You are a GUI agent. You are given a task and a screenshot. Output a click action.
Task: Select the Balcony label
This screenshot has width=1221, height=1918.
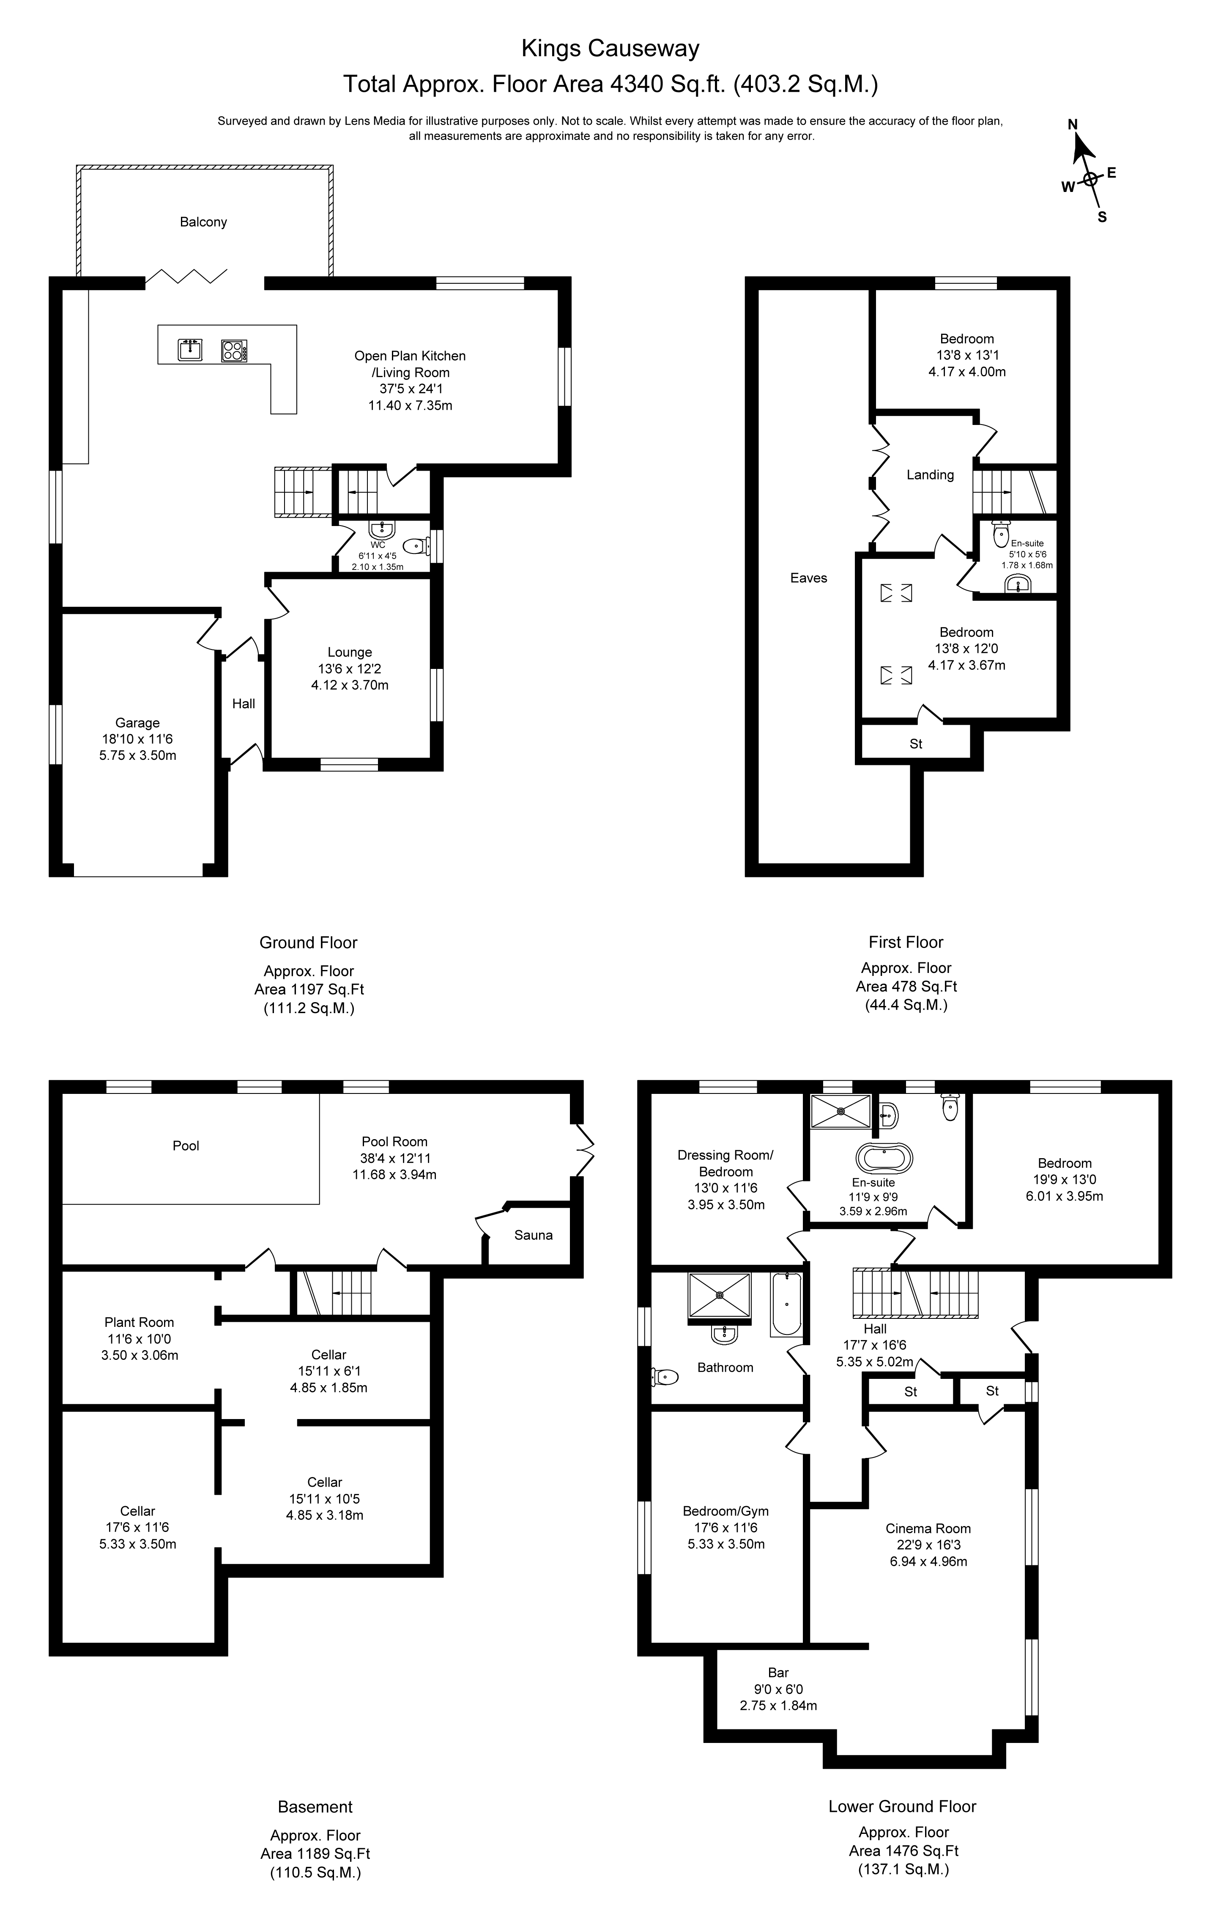[203, 222]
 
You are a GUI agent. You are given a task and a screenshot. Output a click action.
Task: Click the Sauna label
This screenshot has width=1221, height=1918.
[533, 1236]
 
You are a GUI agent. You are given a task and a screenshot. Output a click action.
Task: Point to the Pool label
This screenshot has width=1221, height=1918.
[186, 1145]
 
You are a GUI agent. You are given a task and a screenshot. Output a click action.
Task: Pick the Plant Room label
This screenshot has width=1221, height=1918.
[139, 1322]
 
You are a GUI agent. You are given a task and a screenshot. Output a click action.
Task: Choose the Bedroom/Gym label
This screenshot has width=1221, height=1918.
[725, 1511]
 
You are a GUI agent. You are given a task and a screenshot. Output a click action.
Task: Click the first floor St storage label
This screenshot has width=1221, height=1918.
[916, 744]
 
